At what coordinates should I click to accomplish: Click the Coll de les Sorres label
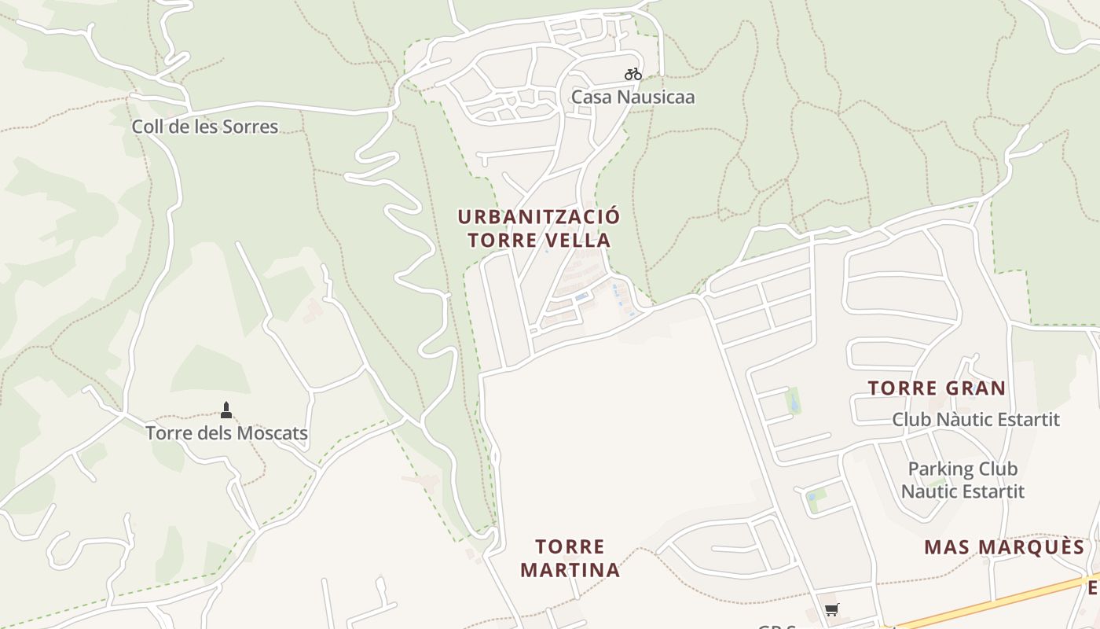[x=204, y=127]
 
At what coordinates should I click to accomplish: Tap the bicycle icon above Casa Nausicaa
[x=633, y=74]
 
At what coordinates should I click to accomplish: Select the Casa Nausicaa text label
[x=632, y=97]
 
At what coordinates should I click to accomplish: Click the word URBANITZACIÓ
[x=539, y=217]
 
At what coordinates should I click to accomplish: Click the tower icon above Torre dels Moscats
[x=226, y=410]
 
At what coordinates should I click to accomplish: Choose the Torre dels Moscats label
[x=226, y=433]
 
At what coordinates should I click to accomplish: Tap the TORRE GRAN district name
[x=937, y=388]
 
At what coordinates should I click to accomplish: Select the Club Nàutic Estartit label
[x=975, y=419]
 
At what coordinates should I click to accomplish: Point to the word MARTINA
[x=570, y=570]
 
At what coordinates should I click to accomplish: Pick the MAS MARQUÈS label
[x=1004, y=547]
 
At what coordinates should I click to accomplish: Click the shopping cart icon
[x=832, y=609]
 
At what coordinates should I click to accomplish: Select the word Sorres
[x=251, y=127]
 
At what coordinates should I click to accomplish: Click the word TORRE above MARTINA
[x=570, y=546]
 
